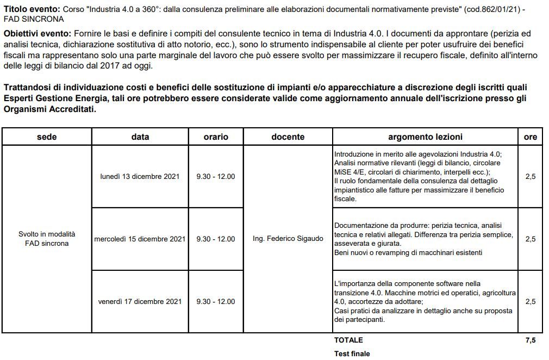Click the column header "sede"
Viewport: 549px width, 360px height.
[47, 137]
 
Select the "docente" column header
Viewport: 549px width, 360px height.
[288, 137]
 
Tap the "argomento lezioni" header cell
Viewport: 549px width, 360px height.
[425, 137]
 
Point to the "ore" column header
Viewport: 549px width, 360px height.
[530, 137]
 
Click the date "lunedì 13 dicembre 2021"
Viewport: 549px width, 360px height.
[140, 177]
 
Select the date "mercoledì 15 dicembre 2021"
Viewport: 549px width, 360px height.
[140, 239]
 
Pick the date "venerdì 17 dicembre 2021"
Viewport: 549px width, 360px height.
[140, 301]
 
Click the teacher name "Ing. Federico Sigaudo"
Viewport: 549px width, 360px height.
[288, 239]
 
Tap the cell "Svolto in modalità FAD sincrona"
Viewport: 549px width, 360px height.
[47, 239]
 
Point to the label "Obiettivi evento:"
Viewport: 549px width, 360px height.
[37, 34]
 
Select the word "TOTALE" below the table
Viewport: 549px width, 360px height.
[348, 340]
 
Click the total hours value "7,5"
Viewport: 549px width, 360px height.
[530, 340]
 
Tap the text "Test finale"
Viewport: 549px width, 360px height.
[352, 353]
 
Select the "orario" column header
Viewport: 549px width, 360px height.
[216, 137]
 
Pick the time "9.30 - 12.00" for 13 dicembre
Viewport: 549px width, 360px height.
[216, 177]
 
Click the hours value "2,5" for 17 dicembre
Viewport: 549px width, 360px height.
[530, 301]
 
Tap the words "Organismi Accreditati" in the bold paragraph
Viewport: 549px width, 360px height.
[49, 109]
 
